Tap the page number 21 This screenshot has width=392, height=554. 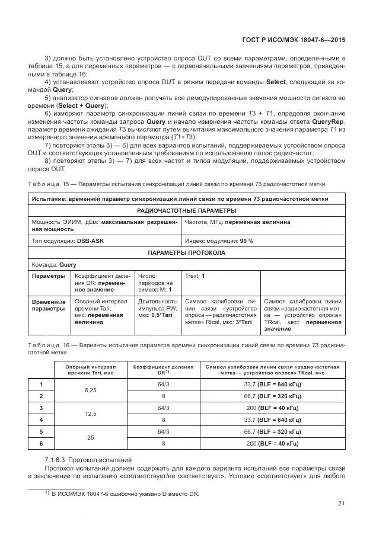(341, 504)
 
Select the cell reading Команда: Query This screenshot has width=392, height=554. (54, 265)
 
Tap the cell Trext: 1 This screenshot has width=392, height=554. (195, 276)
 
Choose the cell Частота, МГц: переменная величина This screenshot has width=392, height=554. (237, 222)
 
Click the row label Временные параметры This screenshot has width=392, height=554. (49, 305)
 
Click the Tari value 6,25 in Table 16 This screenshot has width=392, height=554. (90, 390)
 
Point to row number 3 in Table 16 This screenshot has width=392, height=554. (41, 408)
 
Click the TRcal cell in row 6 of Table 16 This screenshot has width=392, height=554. (272, 443)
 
